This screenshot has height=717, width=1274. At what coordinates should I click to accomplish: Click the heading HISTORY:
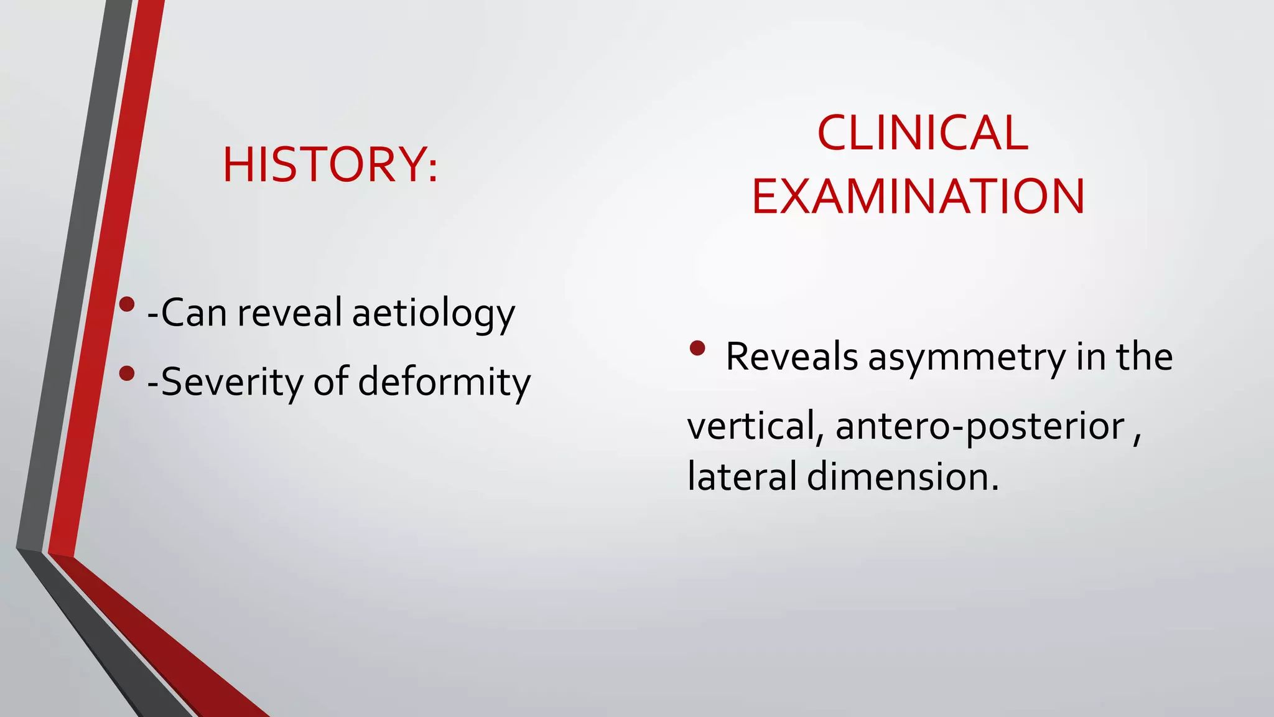[330, 165]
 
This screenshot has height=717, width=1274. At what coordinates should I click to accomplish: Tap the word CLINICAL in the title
[923, 133]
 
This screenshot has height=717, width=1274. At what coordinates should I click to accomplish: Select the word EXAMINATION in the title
[918, 197]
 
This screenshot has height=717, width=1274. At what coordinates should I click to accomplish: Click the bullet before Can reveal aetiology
[127, 304]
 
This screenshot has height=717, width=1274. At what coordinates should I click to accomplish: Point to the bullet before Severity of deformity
[127, 373]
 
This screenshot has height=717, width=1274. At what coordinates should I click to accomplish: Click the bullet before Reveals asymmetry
[697, 349]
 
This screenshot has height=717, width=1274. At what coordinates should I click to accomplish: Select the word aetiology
[434, 313]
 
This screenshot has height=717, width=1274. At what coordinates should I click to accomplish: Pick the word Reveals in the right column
[791, 357]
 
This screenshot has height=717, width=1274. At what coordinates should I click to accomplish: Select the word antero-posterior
[980, 427]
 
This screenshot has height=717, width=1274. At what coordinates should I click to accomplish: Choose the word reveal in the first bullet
[289, 313]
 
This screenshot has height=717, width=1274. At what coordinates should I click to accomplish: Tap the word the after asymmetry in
[1144, 357]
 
